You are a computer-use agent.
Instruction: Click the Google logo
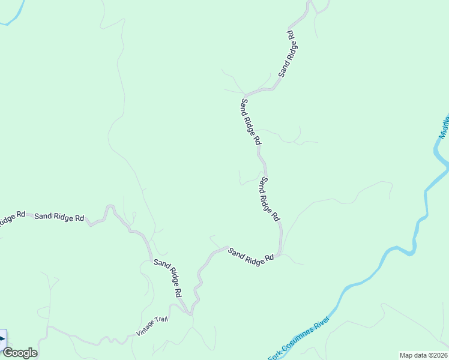[x=20, y=353]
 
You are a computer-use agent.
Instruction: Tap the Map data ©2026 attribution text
[x=423, y=355]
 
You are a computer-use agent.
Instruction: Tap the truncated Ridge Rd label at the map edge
[x=12, y=217]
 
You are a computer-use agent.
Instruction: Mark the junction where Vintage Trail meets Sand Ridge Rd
[x=190, y=313]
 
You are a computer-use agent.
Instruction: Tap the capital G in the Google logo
[x=8, y=353]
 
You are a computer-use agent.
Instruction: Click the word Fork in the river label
[x=275, y=353]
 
